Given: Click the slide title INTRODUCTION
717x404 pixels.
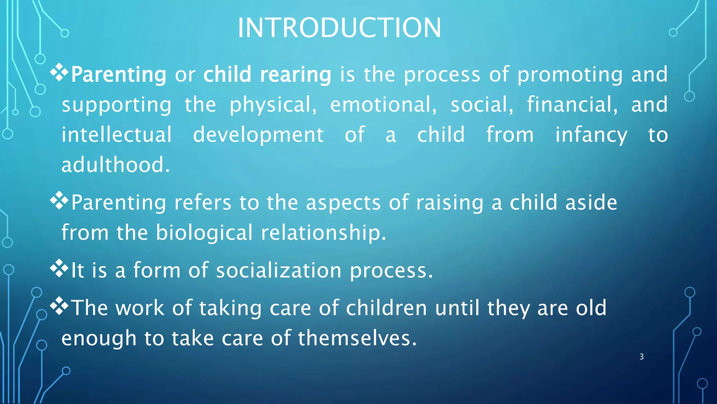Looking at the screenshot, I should (x=339, y=28).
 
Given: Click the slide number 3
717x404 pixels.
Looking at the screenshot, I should (x=641, y=357).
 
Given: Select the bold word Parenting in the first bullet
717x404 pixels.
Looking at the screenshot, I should (x=118, y=75).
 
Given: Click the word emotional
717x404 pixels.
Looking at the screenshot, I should (x=383, y=105).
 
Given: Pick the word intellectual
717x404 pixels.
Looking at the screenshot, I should (x=117, y=135).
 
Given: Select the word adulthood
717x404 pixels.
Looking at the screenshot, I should (x=116, y=165).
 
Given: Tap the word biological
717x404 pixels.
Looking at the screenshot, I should (x=204, y=233).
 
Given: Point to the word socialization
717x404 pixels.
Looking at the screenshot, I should (x=279, y=271).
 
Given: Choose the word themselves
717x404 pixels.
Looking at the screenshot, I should (x=357, y=338).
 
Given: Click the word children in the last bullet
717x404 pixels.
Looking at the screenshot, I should (x=386, y=308).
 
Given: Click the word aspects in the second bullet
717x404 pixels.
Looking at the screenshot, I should (x=343, y=203).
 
